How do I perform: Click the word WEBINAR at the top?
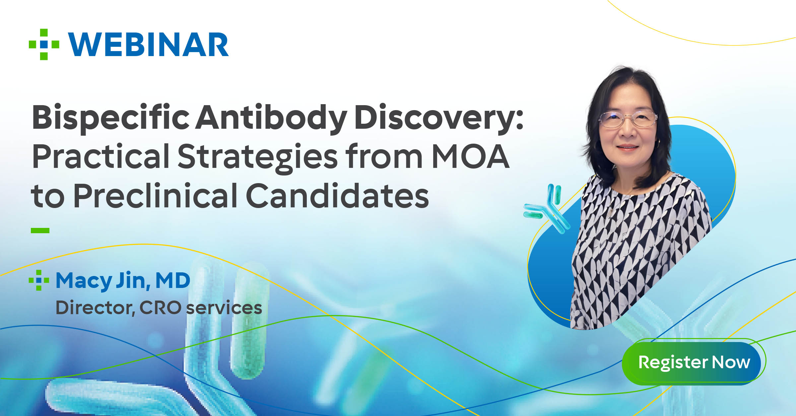click(148, 45)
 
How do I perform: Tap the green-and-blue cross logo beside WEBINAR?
click(44, 44)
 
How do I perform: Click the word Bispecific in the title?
click(111, 118)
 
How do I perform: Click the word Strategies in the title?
click(258, 157)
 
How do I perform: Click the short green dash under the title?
click(40, 231)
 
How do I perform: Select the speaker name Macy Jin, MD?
click(123, 281)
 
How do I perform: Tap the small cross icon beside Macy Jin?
click(39, 280)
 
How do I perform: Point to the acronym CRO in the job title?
click(160, 308)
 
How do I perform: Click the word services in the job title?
click(224, 308)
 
